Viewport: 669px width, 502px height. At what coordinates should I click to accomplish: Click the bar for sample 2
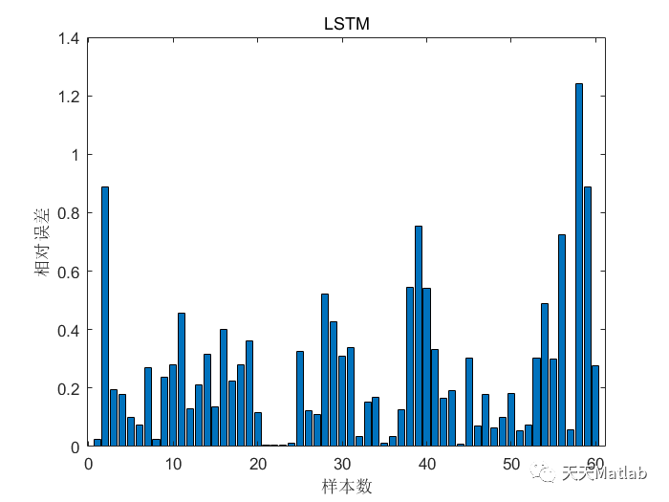click(x=105, y=316)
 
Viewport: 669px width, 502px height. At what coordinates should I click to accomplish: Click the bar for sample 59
click(x=588, y=316)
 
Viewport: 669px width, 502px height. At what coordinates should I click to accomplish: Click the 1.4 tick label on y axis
click(x=69, y=38)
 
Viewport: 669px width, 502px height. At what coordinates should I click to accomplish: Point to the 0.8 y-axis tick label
click(x=69, y=213)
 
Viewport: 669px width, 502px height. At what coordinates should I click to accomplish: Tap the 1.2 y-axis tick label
click(x=69, y=97)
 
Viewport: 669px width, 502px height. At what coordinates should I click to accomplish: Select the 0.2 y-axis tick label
click(x=69, y=388)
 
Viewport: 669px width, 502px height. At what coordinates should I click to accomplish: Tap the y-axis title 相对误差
click(x=42, y=243)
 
